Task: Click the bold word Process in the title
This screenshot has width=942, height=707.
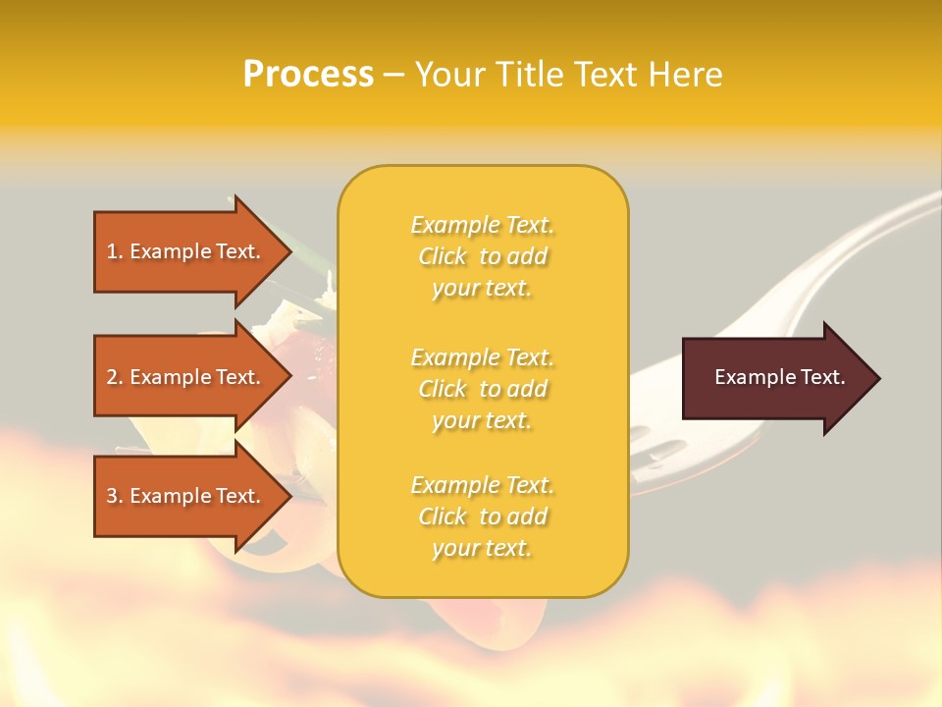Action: click(308, 75)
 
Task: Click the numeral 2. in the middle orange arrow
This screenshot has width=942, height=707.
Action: click(114, 377)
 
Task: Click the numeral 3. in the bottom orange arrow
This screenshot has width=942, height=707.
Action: click(114, 496)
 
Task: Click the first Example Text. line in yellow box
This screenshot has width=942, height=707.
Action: click(482, 226)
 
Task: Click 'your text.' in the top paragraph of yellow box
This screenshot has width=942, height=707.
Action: click(482, 289)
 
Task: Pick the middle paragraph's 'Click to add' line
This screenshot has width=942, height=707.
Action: click(482, 390)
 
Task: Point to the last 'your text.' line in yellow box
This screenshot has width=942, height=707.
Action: click(482, 549)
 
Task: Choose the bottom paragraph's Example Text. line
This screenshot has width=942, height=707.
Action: click(482, 486)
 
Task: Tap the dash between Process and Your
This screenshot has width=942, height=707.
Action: click(393, 76)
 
